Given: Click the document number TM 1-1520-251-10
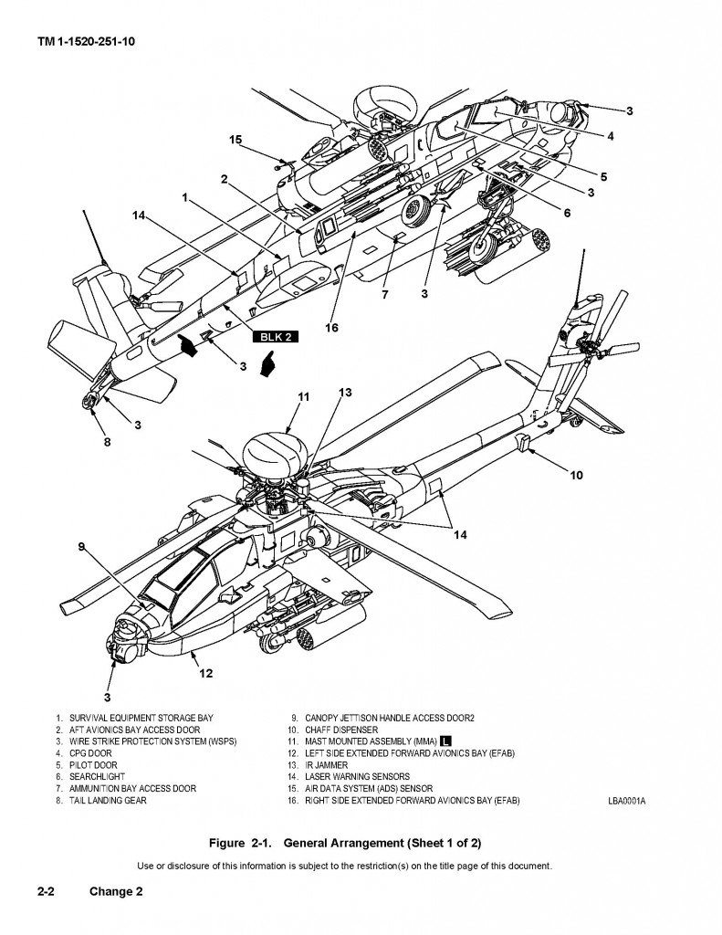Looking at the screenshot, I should (x=88, y=41).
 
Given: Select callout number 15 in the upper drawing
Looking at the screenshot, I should (x=235, y=140).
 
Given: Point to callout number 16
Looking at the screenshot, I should (x=331, y=327).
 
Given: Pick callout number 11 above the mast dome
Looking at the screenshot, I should (x=304, y=397).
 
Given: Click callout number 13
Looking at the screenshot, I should (x=344, y=393).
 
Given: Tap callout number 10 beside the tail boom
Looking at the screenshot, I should (x=576, y=475).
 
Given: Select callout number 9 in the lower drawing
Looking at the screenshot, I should (x=81, y=547).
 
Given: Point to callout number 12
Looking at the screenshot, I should (x=206, y=673).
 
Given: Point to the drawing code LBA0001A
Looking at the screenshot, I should (x=626, y=800).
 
